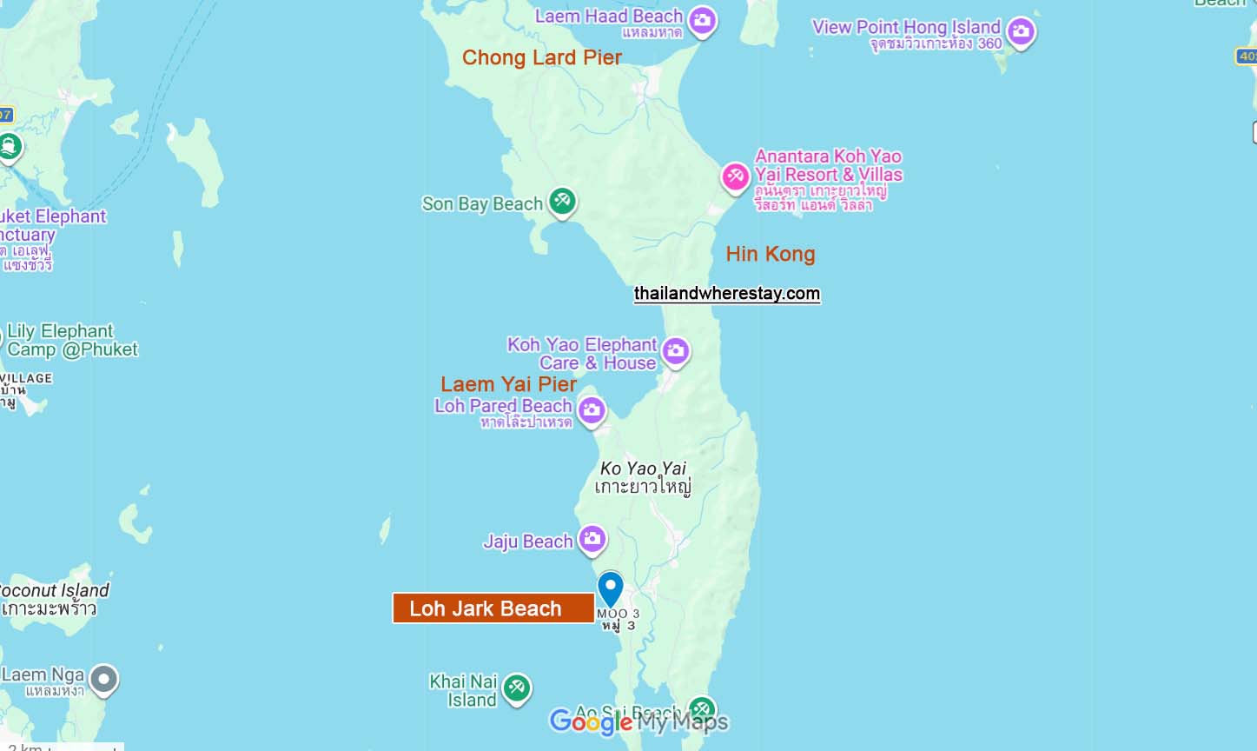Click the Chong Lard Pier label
coord(541,57)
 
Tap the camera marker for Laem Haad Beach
coord(703,20)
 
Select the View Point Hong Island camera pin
coord(1021,32)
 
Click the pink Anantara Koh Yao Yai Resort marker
coord(735,177)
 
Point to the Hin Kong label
coord(771,254)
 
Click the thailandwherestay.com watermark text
coord(726,294)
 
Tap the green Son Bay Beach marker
coord(562,202)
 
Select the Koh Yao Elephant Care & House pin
coord(675,351)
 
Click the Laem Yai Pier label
coord(508,384)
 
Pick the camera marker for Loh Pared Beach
coord(592,409)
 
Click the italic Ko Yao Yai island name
coord(643,469)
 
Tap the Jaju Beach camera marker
coord(592,539)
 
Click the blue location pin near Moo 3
coord(611,588)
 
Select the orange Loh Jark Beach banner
coord(493,608)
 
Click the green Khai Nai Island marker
coord(517,688)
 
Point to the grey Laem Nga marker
coord(104,680)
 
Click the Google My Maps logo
coord(638,721)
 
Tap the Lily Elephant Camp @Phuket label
coord(72,340)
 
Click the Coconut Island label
coord(54,591)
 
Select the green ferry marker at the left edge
coord(9,146)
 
